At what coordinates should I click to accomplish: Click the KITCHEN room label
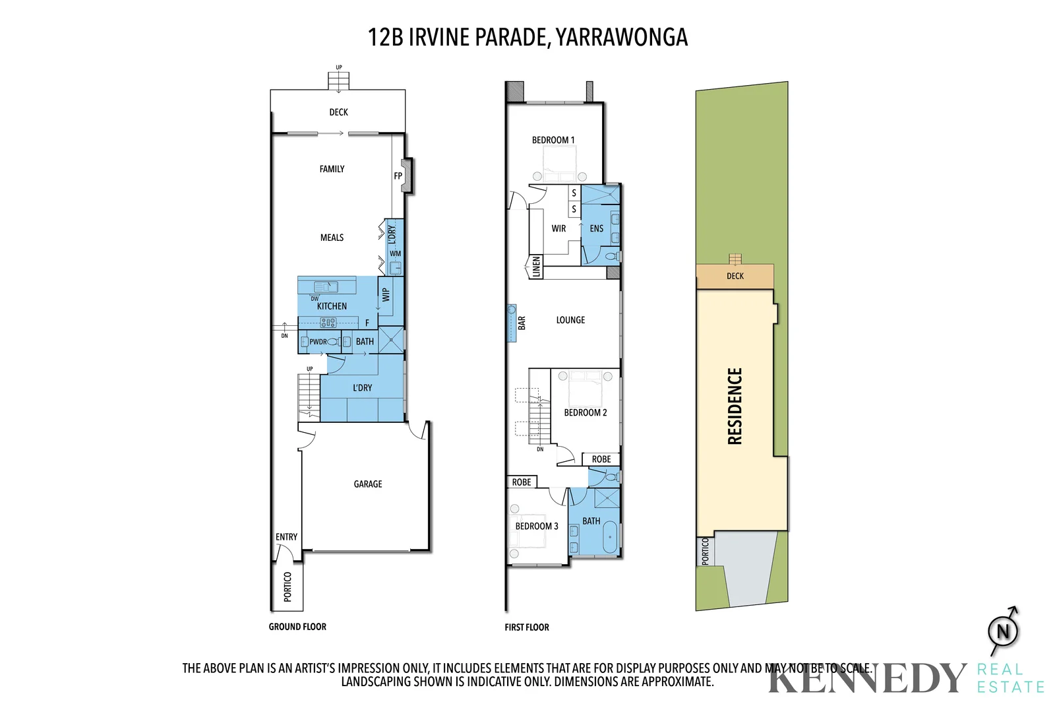(332, 306)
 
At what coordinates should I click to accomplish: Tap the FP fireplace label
(398, 176)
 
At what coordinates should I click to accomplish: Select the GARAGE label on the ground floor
(367, 484)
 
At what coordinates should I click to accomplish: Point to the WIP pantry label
(386, 295)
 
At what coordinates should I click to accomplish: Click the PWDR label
(318, 342)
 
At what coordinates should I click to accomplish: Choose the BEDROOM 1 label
(553, 140)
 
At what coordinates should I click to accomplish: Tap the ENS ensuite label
(596, 228)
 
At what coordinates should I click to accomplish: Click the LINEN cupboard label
(536, 267)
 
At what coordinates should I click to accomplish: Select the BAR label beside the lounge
(522, 323)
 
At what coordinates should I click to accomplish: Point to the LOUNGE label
(570, 320)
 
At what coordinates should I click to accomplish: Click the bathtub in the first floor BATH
(611, 538)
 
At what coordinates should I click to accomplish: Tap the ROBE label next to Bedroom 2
(601, 459)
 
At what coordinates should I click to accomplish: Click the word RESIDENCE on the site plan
(735, 406)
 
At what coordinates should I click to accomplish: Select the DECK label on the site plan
(735, 276)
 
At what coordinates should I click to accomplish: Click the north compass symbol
(1003, 631)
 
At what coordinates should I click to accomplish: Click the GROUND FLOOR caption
(297, 627)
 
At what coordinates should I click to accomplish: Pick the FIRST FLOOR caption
(526, 627)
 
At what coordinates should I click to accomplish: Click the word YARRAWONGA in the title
(621, 38)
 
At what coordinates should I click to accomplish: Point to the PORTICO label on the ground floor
(287, 587)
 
